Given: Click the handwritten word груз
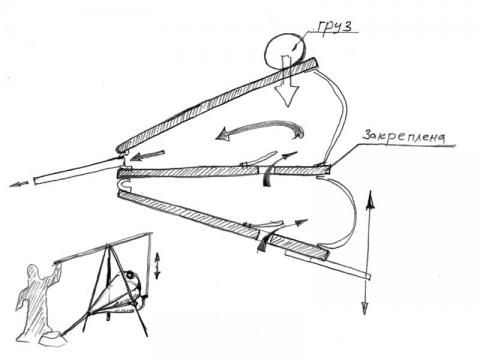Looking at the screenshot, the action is [x=334, y=26].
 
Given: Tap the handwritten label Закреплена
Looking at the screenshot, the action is [x=404, y=136].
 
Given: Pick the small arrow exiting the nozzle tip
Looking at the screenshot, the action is [x=18, y=184].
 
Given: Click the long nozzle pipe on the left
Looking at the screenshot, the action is [x=78, y=171].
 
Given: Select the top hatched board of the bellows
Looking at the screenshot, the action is [x=217, y=104].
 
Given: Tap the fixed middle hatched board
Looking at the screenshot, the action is [x=224, y=172].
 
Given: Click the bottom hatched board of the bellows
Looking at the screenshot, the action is [x=223, y=225].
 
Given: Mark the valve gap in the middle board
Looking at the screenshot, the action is [x=266, y=171].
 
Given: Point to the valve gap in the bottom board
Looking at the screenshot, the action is [x=264, y=236].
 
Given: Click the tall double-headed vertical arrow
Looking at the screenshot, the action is [x=368, y=252].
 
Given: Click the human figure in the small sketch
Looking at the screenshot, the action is [x=38, y=302].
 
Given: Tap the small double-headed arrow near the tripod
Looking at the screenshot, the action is [x=157, y=265].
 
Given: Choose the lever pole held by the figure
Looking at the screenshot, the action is [x=103, y=248].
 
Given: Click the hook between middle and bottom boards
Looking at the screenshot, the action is [x=124, y=185].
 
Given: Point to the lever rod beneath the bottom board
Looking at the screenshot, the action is [x=328, y=264].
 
